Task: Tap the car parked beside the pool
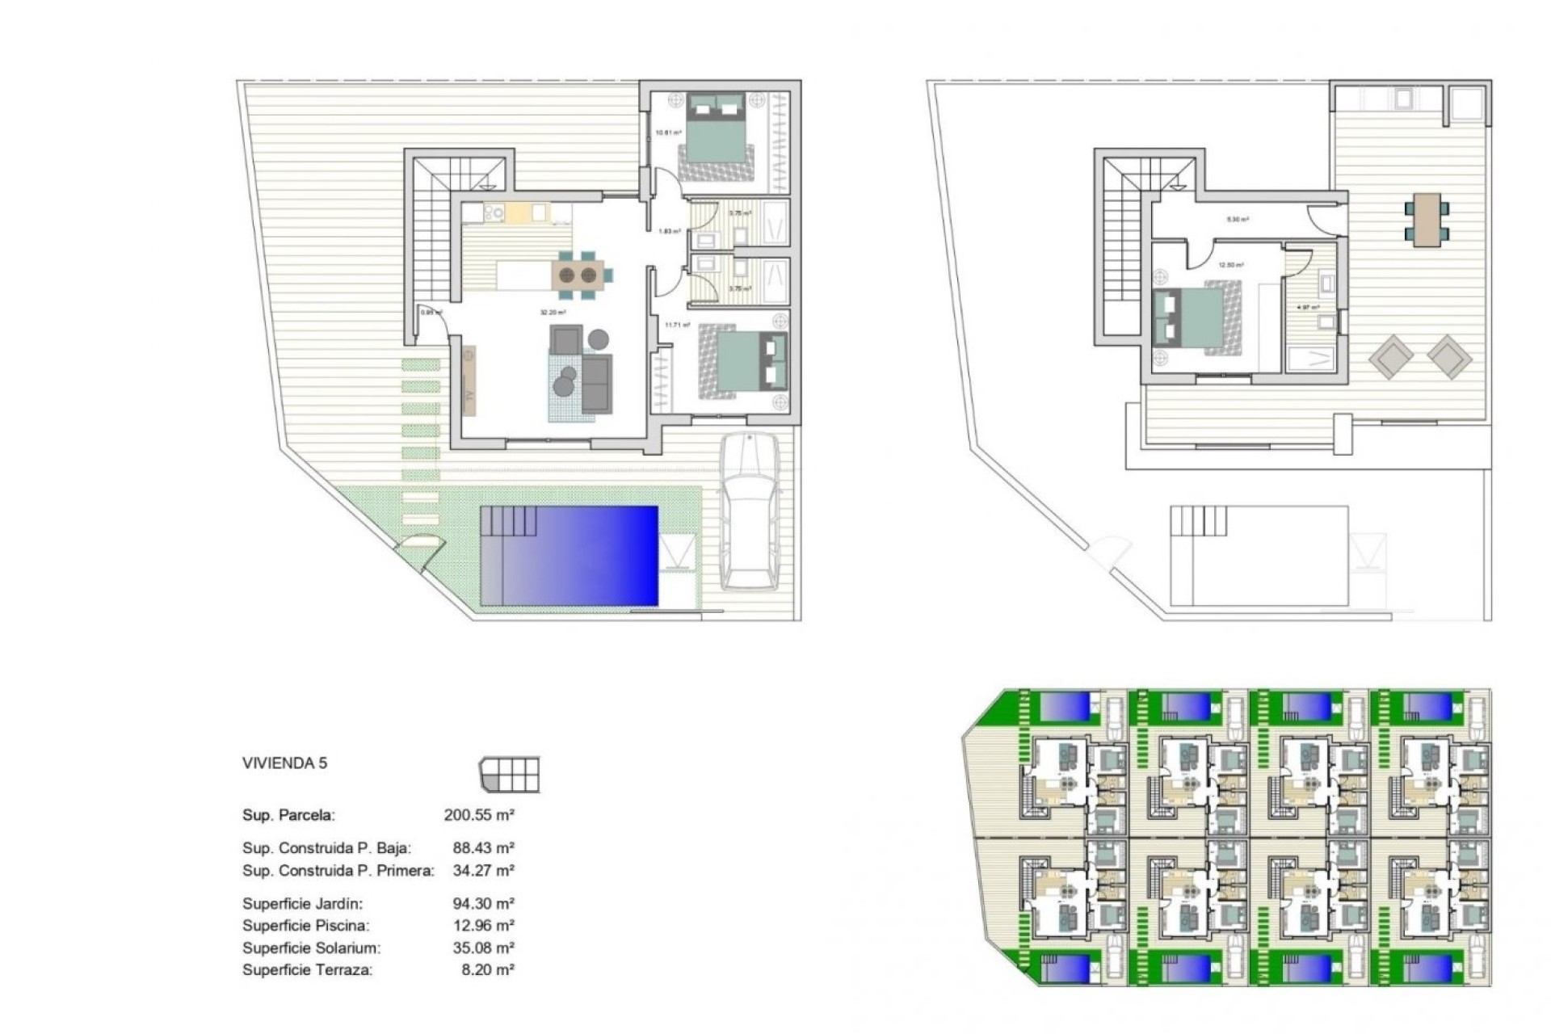point(750,511)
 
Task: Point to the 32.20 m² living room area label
point(553,313)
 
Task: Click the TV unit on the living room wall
point(468,380)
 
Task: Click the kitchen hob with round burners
point(492,212)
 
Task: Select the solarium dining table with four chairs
point(1427,219)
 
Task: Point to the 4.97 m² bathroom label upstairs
point(1307,308)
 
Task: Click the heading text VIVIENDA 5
point(284,763)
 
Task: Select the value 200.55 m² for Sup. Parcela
point(479,815)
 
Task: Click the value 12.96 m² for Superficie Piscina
point(483,926)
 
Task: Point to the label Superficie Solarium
point(311,948)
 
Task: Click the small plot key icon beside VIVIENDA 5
point(510,775)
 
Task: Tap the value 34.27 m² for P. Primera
point(483,871)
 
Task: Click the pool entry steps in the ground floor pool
point(510,521)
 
